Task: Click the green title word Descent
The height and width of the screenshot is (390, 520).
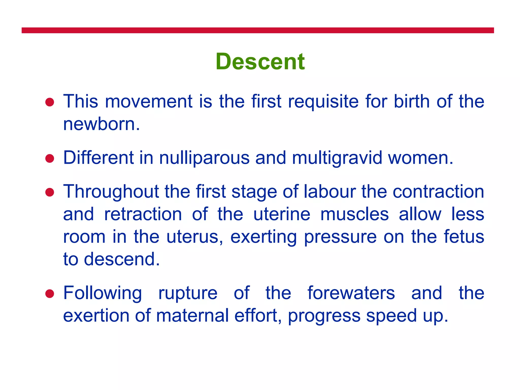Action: [x=260, y=62]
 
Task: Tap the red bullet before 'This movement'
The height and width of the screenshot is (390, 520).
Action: [x=50, y=102]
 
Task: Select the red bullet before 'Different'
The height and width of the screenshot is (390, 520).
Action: [x=50, y=158]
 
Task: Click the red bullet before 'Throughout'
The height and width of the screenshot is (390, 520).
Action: [x=50, y=192]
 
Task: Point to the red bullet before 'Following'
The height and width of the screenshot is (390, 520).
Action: [x=50, y=294]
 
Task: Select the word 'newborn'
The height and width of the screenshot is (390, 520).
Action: [x=99, y=124]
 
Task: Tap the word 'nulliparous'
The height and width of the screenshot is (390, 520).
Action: [x=204, y=158]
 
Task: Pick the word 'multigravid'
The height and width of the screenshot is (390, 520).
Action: [x=337, y=158]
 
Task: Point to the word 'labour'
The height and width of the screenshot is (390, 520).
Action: [x=330, y=192]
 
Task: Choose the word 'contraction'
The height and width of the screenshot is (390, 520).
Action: [x=438, y=192]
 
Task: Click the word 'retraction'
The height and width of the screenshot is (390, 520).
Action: [x=143, y=214]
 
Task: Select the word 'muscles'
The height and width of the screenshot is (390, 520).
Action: [x=354, y=214]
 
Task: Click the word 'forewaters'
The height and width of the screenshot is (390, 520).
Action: [x=351, y=293]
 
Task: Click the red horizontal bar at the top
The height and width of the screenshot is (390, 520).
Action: [x=257, y=30]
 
